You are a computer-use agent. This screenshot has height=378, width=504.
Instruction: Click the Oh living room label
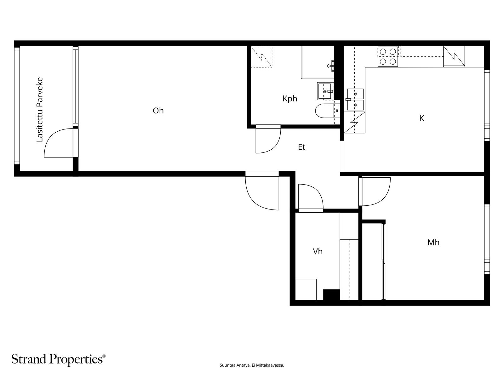(158, 111)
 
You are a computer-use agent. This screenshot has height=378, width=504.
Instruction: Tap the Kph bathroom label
(290, 99)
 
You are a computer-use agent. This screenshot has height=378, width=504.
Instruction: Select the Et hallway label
(301, 147)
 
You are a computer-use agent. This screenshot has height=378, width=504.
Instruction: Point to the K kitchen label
(421, 118)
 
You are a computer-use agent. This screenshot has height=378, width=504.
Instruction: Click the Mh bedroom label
(433, 242)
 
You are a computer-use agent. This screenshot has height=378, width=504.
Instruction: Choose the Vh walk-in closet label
(318, 252)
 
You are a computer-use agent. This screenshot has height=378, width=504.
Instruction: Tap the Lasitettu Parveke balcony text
(40, 110)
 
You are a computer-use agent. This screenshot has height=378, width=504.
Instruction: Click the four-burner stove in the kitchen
(388, 57)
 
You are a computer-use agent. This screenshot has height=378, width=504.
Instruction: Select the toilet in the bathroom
(325, 111)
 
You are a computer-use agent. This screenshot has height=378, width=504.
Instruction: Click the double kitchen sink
(355, 100)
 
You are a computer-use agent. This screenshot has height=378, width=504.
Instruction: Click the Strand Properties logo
(59, 359)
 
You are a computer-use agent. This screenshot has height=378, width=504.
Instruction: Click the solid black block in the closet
(331, 295)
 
